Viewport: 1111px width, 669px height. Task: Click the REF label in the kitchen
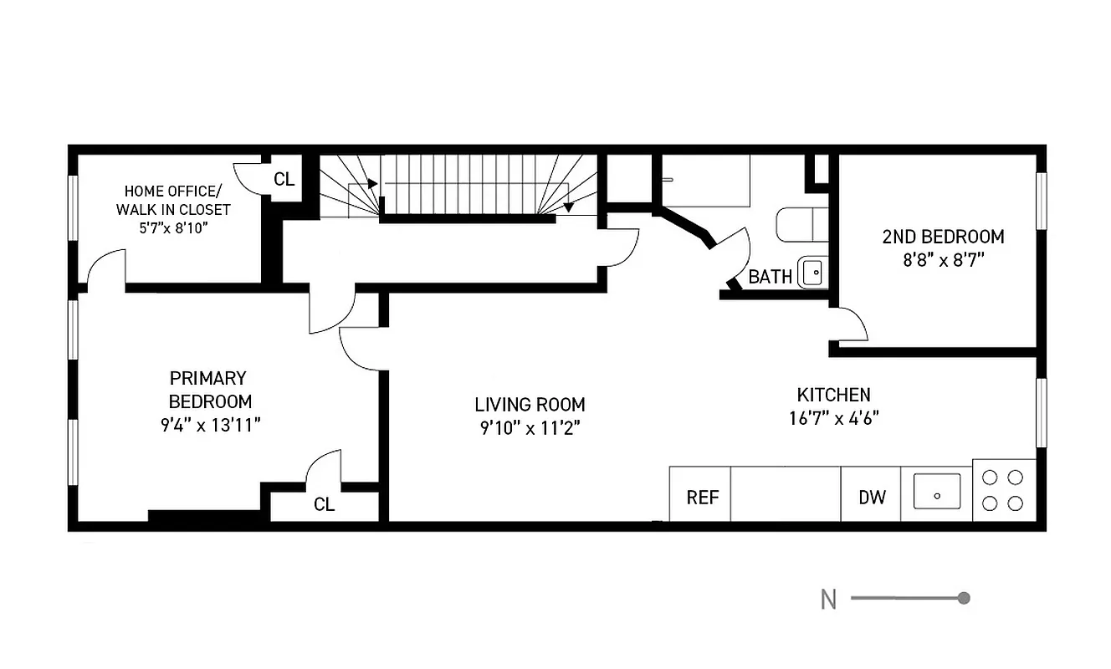(x=703, y=498)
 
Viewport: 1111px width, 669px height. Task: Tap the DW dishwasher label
(x=872, y=498)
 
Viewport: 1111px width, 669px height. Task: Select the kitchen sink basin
(x=937, y=492)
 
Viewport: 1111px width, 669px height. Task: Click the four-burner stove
(x=1004, y=491)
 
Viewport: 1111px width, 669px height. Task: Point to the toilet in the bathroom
(x=801, y=225)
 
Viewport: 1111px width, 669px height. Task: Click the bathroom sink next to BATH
(x=812, y=273)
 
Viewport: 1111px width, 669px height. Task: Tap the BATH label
(x=770, y=277)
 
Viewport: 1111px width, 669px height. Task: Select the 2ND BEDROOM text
(x=943, y=237)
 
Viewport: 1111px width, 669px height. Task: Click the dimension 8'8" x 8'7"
(x=943, y=260)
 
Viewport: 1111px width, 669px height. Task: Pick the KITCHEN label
(x=833, y=395)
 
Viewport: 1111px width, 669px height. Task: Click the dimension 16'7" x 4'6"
(x=833, y=418)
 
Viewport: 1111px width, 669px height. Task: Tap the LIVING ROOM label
(x=530, y=405)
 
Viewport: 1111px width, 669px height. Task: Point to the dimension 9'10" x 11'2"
(x=530, y=428)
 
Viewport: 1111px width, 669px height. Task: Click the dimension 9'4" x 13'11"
(x=210, y=425)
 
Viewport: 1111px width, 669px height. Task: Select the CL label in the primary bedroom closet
(x=324, y=505)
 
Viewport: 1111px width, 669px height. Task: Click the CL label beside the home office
(x=284, y=179)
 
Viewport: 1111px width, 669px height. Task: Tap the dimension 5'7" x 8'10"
(x=173, y=227)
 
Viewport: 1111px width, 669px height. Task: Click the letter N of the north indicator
(x=828, y=600)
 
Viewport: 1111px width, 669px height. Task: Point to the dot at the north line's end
(x=964, y=598)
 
